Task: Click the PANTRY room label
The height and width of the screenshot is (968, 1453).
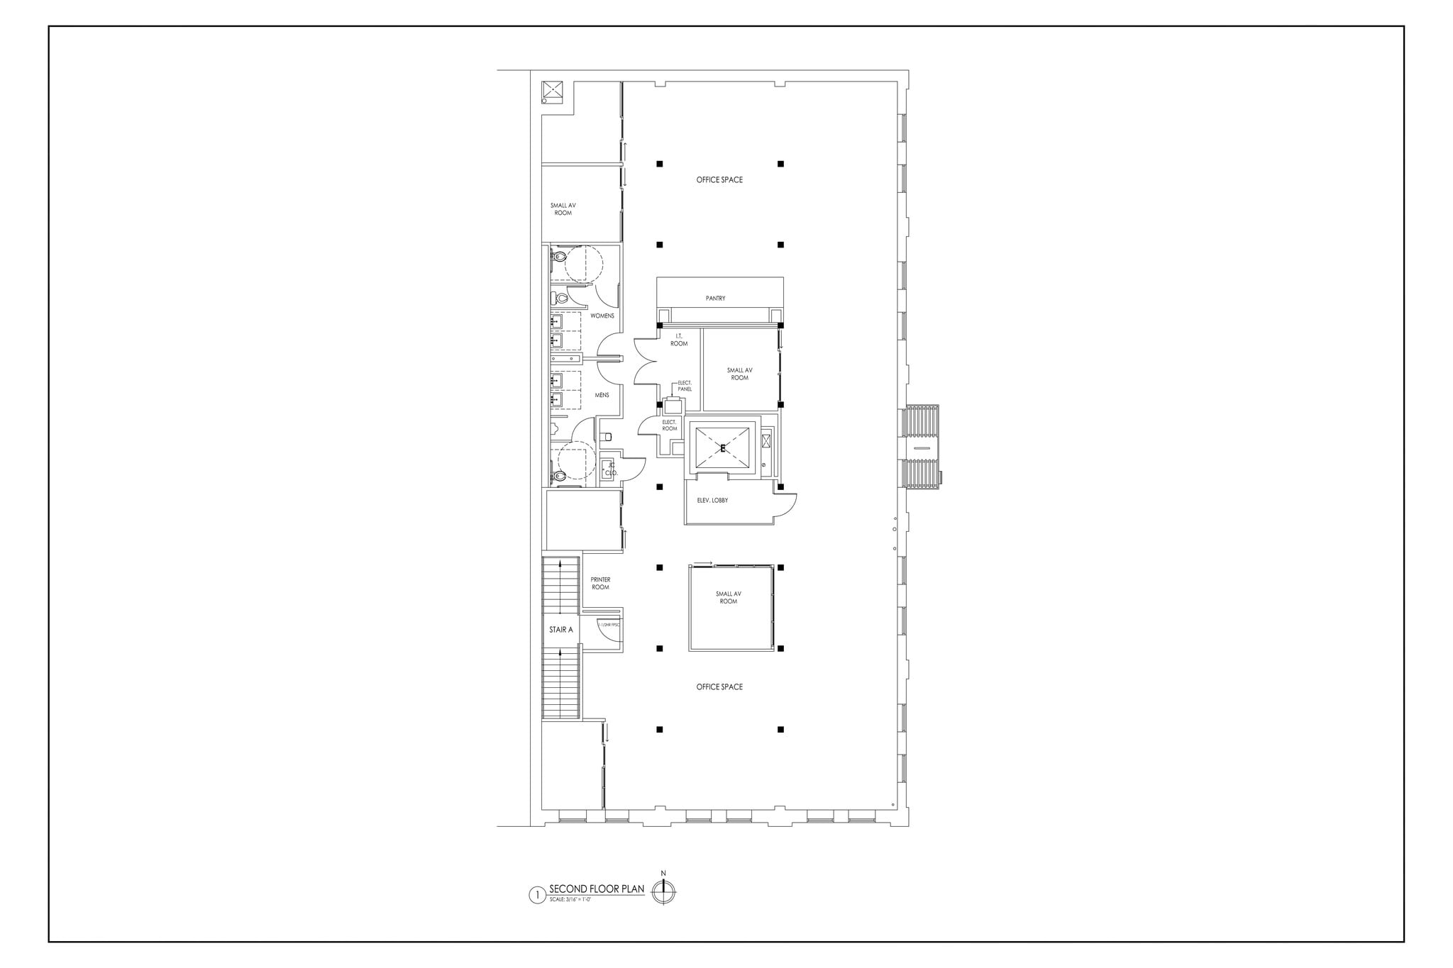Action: click(715, 299)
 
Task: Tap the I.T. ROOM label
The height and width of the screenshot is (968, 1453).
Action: click(679, 340)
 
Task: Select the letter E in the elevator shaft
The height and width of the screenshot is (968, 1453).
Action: click(723, 448)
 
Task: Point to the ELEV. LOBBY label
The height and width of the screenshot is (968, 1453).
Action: click(712, 501)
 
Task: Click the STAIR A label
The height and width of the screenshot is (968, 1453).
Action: click(560, 630)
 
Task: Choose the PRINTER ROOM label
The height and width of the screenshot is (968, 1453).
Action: click(600, 584)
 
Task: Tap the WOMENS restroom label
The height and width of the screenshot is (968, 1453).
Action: click(602, 316)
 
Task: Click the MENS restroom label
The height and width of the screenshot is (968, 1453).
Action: click(602, 395)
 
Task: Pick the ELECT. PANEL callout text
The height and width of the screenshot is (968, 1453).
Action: click(685, 386)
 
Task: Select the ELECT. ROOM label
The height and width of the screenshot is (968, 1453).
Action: click(669, 425)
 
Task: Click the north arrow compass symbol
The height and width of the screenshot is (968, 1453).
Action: click(663, 891)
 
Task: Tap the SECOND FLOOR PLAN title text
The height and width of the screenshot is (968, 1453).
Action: click(597, 889)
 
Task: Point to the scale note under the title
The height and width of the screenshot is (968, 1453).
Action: click(570, 899)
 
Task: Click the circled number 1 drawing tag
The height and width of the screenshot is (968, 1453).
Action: click(537, 895)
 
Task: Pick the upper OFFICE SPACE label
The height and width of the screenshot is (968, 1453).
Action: click(719, 180)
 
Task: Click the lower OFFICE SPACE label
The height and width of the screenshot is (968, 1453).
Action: click(719, 687)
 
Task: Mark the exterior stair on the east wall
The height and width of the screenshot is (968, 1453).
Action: click(921, 446)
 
